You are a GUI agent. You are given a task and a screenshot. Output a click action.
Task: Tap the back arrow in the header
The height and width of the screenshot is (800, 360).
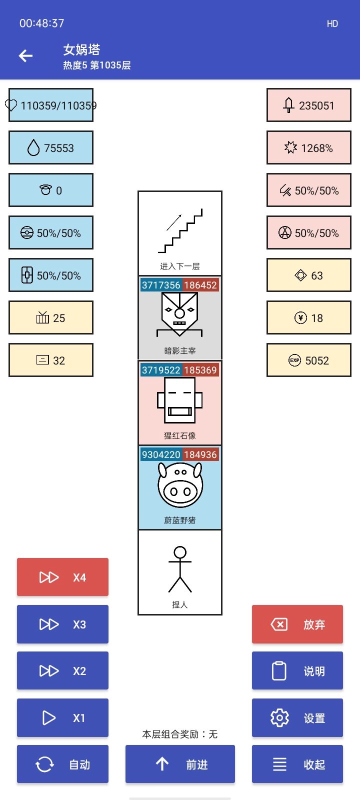pos(25,55)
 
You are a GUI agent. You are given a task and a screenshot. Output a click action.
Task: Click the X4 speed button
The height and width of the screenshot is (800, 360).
pos(62,577)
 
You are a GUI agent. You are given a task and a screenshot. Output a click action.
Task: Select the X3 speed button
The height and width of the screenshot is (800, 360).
pos(62,624)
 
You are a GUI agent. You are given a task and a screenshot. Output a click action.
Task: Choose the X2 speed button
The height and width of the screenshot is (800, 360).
pos(62,670)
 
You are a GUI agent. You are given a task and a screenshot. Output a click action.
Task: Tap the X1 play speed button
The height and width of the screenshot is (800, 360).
pos(62,717)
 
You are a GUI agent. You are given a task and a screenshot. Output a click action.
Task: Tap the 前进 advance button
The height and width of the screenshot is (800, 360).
pos(180,764)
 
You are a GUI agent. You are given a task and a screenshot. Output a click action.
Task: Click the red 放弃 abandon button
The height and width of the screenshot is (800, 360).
pos(297,624)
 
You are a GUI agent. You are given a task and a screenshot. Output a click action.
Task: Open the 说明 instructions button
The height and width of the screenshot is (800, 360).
pos(297,670)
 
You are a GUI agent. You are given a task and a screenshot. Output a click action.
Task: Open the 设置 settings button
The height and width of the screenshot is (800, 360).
pos(297,717)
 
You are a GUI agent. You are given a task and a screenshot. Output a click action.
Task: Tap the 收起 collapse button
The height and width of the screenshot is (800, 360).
pos(297,764)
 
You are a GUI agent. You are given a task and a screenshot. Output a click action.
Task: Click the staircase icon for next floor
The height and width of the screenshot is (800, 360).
pos(180,230)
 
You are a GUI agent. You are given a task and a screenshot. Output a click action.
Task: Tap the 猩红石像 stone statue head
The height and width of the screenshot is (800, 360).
pos(179,400)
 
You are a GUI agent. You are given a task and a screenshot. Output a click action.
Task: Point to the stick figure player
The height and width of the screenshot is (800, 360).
pos(180,569)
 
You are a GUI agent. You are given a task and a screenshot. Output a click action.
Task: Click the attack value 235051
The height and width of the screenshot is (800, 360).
pos(316,105)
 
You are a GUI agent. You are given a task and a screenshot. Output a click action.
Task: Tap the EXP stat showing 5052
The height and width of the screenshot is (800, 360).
pos(309,360)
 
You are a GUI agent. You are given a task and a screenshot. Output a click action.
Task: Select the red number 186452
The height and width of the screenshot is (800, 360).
pos(200,285)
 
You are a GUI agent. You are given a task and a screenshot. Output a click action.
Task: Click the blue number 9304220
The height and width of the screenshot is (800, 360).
pos(161,454)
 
